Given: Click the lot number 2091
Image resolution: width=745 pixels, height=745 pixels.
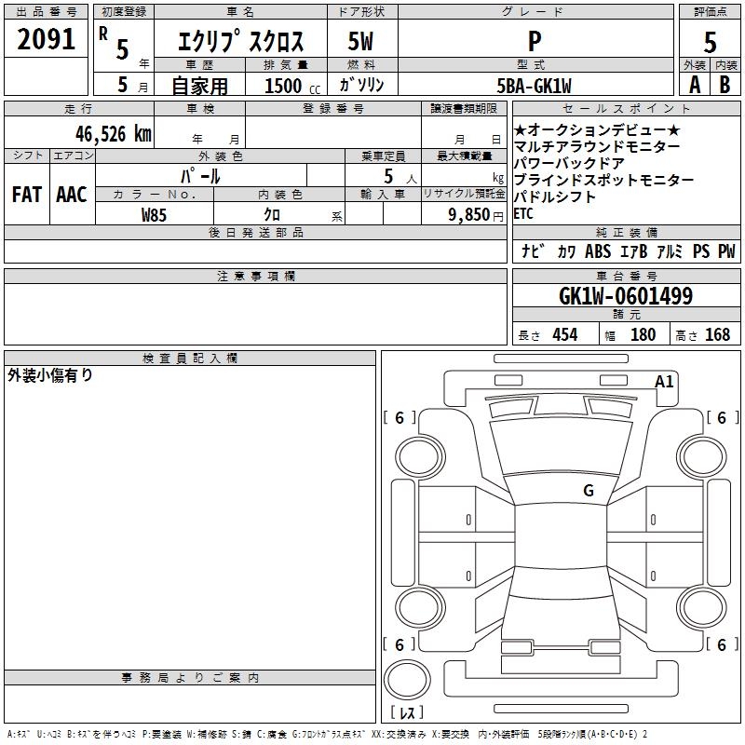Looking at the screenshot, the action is tap(46, 39).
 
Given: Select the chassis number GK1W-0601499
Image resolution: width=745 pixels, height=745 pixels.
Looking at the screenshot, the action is tap(626, 296).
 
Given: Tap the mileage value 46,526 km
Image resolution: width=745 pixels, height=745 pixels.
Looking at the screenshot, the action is tap(114, 133).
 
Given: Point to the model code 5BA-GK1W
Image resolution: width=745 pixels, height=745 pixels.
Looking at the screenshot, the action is tap(534, 86).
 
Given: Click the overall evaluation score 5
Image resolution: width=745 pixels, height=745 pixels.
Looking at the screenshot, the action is tap(710, 43).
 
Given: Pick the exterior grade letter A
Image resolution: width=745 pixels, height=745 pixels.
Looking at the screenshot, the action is tap(695, 85).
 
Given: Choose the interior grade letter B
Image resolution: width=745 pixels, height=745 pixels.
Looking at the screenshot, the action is tap(725, 85).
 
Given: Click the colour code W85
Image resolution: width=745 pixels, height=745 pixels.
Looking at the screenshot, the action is tap(154, 215).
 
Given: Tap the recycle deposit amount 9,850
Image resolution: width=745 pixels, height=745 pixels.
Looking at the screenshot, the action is tap(469, 214).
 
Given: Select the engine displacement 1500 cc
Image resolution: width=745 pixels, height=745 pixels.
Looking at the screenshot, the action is tap(292, 86).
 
